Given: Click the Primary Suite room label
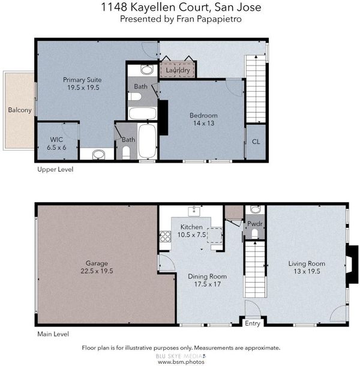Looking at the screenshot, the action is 82,80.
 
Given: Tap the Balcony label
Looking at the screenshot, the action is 20,110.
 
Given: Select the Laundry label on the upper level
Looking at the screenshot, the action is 178,70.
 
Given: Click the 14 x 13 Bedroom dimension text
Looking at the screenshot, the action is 203,123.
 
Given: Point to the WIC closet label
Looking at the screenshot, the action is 56,140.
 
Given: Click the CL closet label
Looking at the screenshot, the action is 256,142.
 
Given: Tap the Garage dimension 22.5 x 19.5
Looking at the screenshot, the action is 97,271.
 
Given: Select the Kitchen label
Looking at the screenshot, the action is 191,227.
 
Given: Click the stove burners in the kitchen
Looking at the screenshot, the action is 165,236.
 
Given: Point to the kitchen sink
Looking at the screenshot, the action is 194,211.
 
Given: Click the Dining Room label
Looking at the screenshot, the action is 208,277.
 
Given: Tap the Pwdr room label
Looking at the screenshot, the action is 255,224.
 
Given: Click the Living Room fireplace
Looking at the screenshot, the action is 352,265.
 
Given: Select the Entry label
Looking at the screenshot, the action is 253,323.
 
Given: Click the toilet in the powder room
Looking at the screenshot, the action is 254,234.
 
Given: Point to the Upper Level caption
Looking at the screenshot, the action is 55,169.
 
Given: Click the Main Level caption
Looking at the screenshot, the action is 53,334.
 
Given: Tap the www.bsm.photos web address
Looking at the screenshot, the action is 181,362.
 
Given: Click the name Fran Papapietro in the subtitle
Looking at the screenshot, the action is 209,19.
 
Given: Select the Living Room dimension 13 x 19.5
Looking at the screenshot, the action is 307,271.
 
